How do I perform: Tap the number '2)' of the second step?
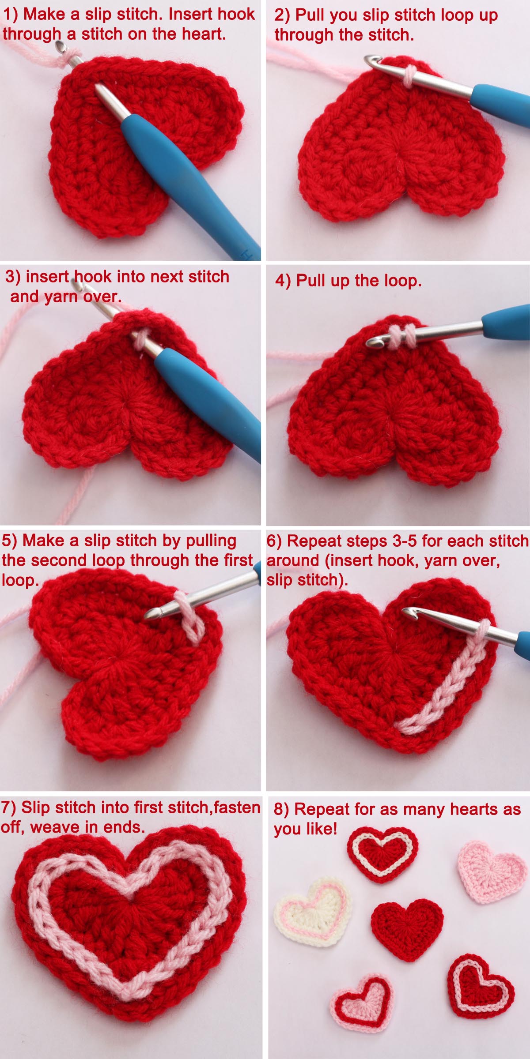(282, 15)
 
